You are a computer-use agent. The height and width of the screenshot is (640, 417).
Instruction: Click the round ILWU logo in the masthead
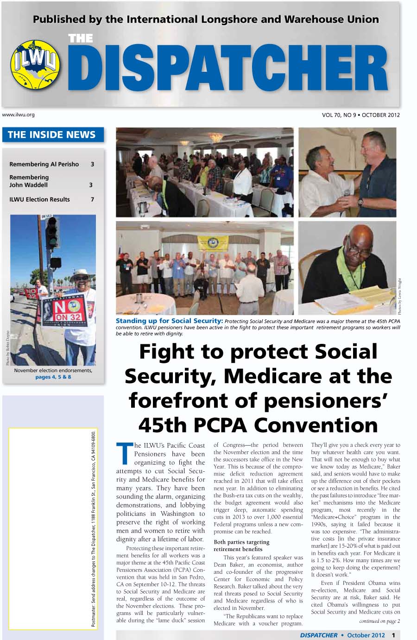(36, 65)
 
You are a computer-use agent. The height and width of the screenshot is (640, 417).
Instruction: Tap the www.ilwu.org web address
(19, 114)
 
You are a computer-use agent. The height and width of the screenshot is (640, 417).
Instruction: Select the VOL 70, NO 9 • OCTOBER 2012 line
(360, 115)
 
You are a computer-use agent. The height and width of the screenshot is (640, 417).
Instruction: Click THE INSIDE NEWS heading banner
(52, 135)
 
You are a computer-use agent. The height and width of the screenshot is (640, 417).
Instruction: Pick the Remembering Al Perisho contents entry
(44, 164)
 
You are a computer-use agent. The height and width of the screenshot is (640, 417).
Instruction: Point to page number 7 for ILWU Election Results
(92, 199)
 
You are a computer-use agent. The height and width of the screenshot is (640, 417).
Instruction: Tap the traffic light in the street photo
(52, 232)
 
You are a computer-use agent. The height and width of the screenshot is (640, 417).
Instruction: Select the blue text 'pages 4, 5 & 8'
(53, 377)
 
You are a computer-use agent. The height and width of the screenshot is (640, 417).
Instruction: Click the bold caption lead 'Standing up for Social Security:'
(169, 321)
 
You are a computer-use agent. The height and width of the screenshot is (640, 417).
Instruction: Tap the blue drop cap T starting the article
(124, 454)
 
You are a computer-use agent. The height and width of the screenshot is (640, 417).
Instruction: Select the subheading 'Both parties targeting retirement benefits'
(241, 545)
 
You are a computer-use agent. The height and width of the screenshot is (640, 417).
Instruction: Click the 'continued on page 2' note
(379, 621)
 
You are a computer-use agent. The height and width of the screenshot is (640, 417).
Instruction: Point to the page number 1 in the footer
(393, 635)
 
